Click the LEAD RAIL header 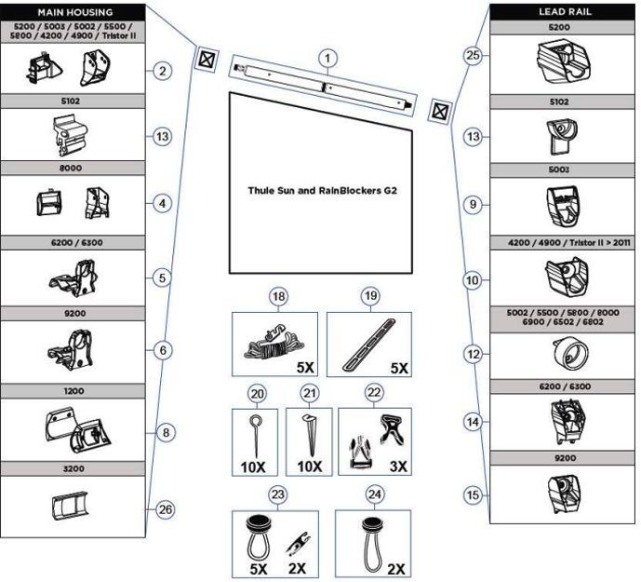[564, 10]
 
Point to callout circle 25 [473, 57]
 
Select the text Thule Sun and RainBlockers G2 [316, 190]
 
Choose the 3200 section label [73, 468]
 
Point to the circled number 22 [375, 394]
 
